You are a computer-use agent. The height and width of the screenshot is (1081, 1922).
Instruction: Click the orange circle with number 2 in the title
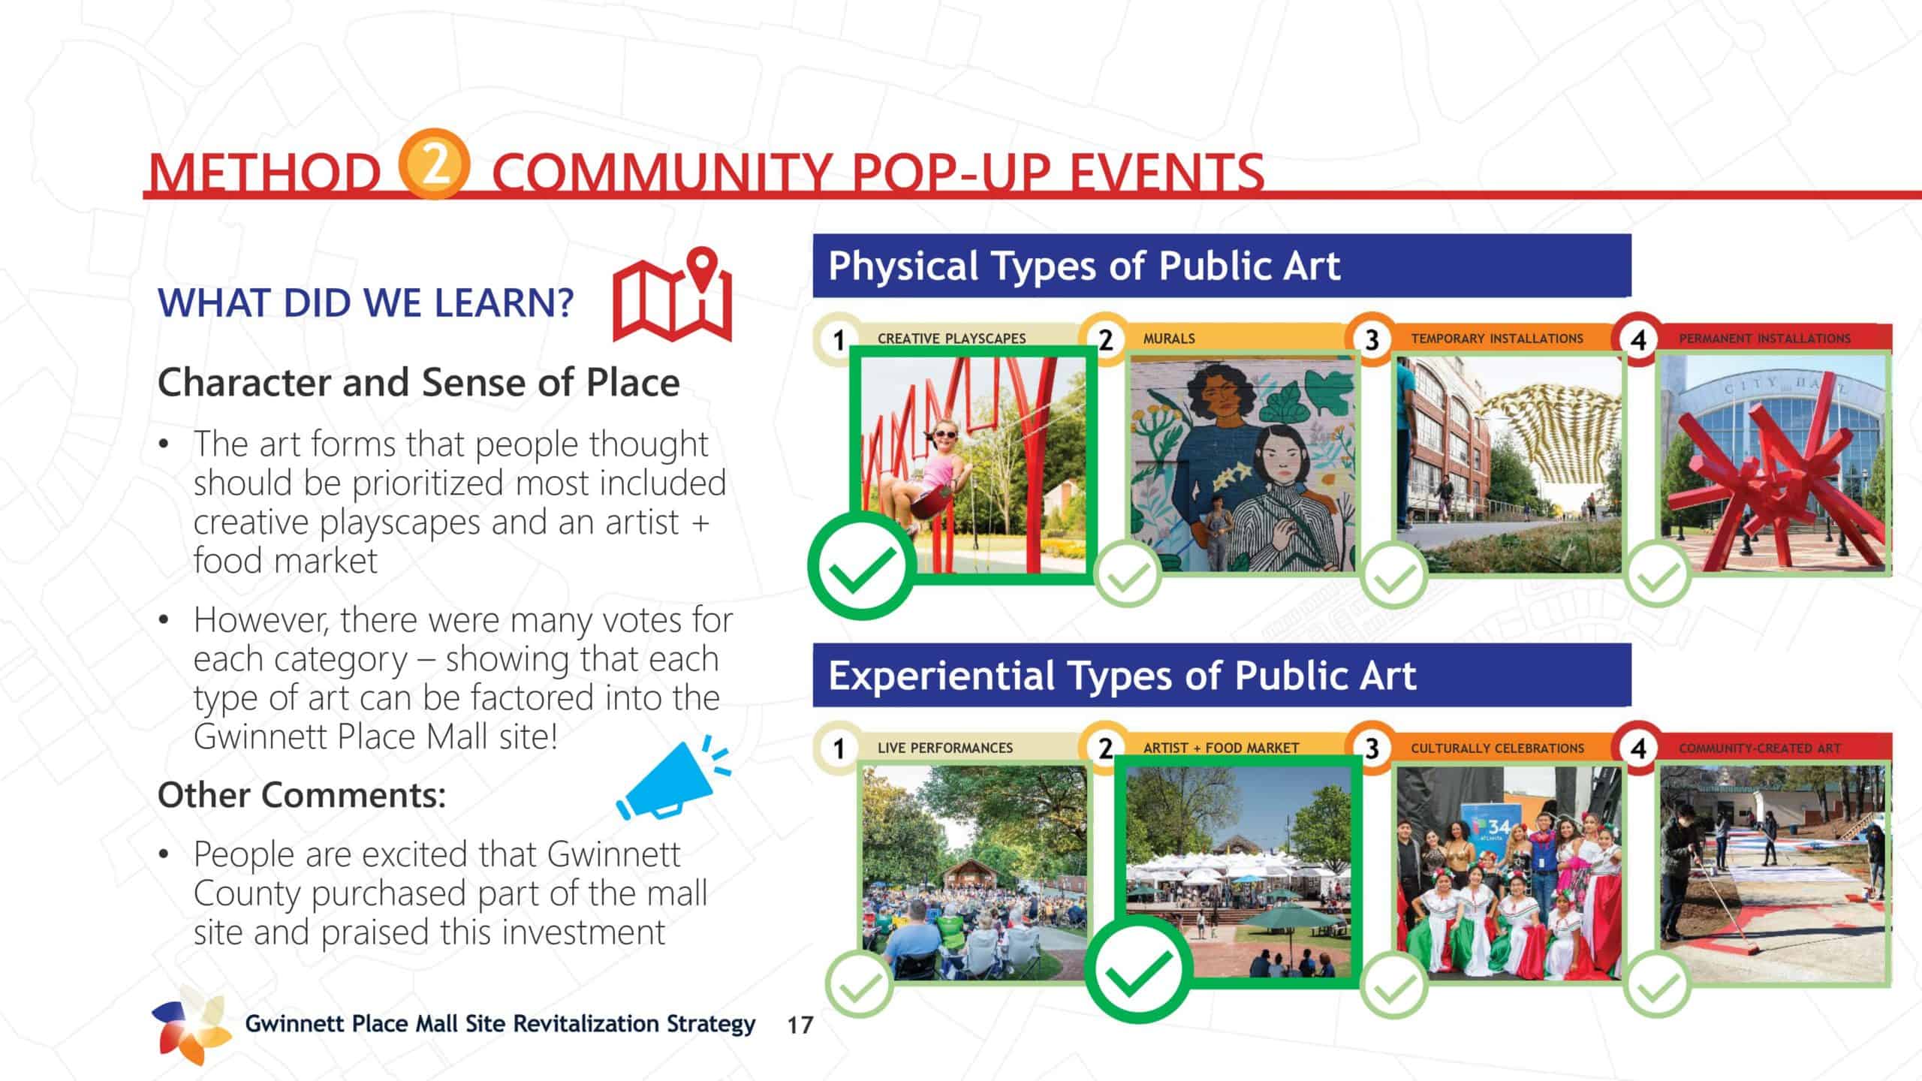tap(434, 164)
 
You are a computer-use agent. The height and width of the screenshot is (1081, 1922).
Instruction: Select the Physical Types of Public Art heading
tap(1084, 266)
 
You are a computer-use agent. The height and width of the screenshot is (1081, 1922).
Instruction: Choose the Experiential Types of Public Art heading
tap(1122, 675)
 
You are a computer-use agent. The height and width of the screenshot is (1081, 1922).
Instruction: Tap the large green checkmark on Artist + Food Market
tap(1140, 969)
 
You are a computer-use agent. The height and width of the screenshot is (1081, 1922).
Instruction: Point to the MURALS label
tap(1169, 339)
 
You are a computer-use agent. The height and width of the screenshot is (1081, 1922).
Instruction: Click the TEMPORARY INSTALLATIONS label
tap(1497, 339)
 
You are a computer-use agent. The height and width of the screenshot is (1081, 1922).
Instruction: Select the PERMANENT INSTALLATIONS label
tap(1765, 339)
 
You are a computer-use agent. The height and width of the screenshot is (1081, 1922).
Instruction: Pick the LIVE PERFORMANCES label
tap(945, 748)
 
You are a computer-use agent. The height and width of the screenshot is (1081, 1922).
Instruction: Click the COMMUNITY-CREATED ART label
tap(1760, 748)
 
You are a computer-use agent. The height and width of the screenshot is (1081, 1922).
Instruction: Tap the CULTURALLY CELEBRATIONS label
tap(1498, 748)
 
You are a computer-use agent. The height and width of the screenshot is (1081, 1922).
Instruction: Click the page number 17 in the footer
tap(800, 1025)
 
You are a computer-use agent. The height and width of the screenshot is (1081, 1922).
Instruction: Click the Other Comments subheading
tap(302, 795)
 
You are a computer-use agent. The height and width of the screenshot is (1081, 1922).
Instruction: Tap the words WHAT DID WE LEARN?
tap(366, 303)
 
